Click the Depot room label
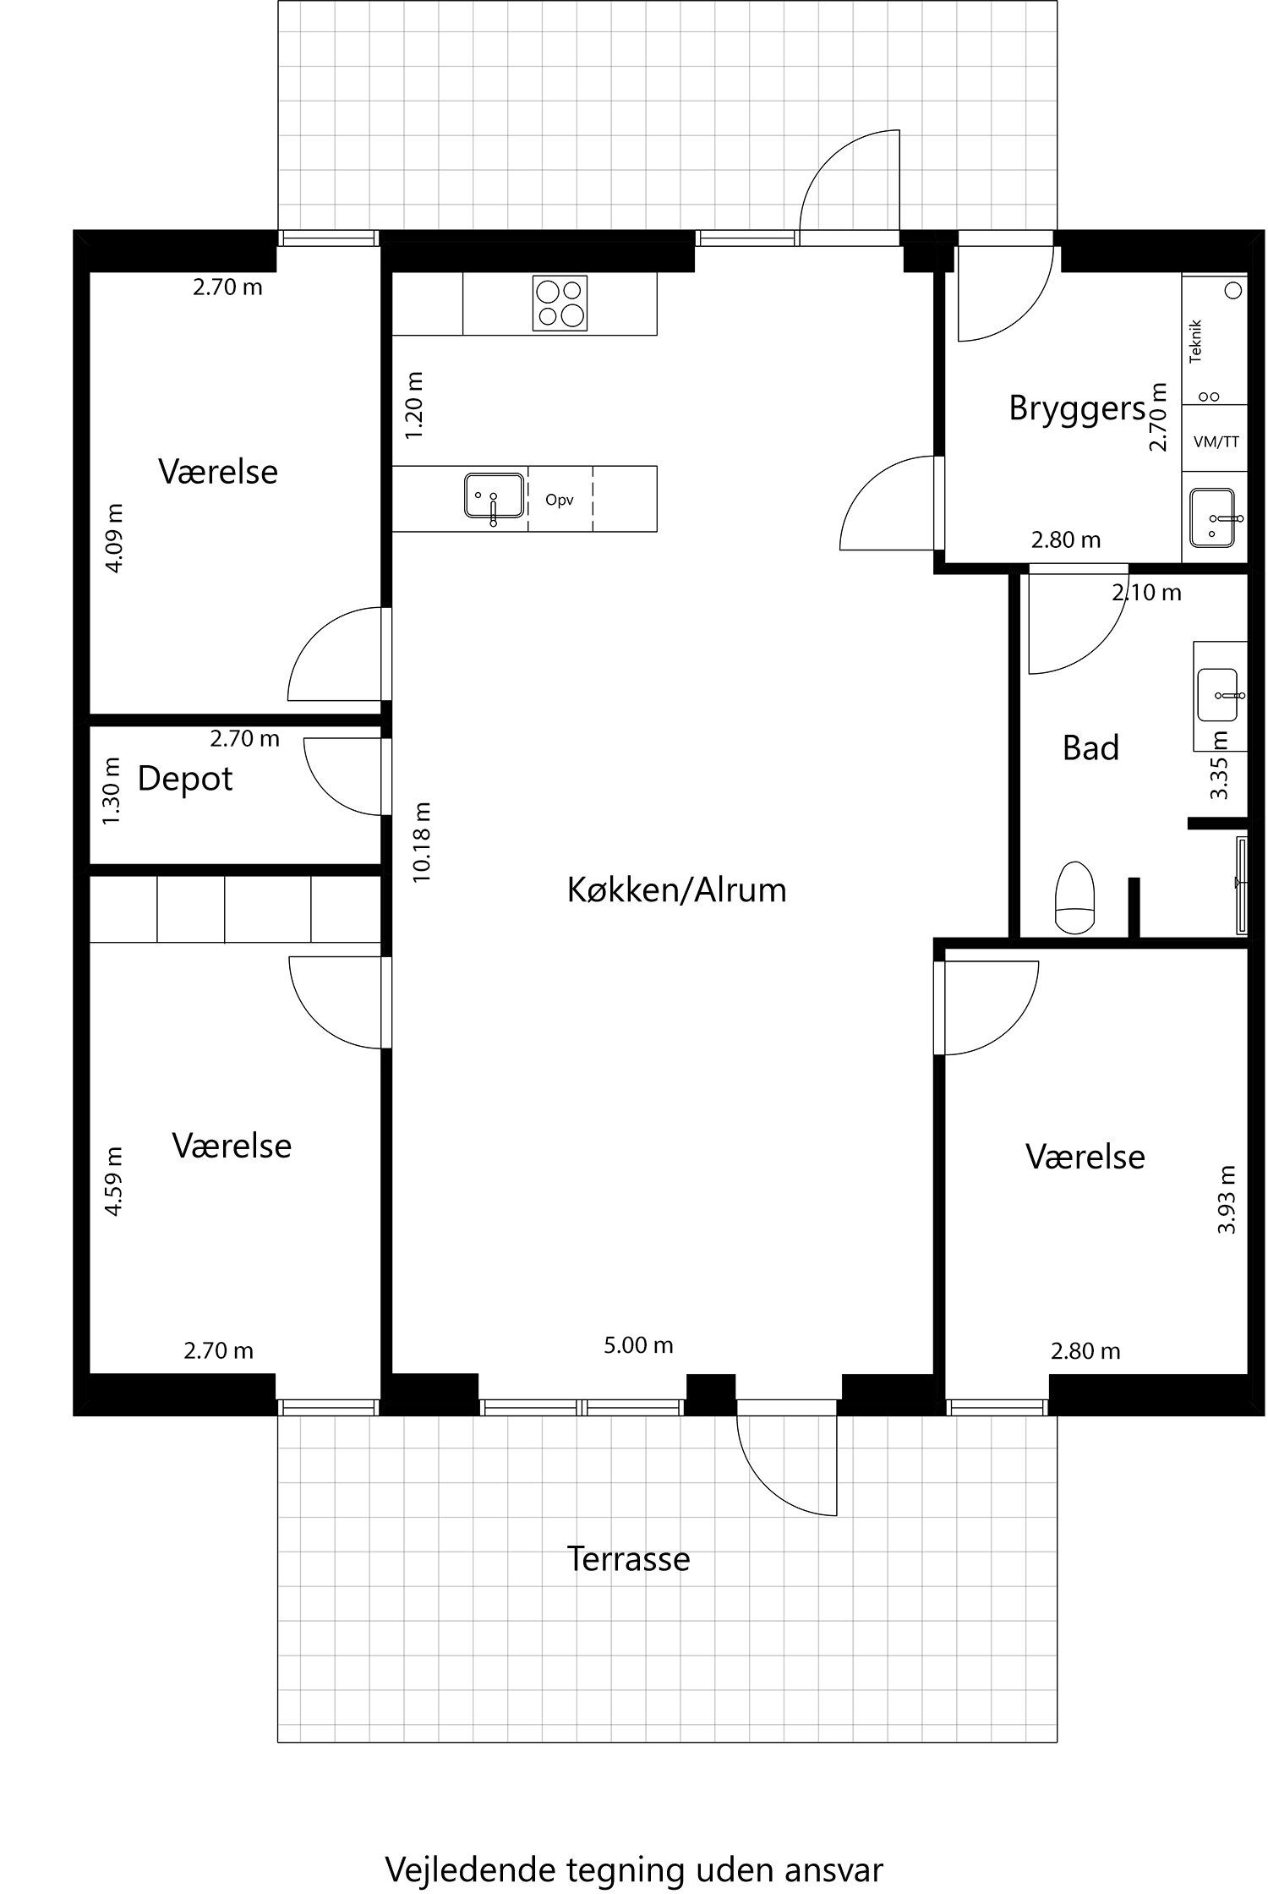coord(185,779)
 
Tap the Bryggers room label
coord(1077,409)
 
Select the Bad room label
coord(1090,748)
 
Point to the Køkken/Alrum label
coord(676,890)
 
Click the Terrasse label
coord(628,1559)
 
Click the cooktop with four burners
coord(560,303)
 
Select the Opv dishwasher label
coord(560,500)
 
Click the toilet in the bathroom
coord(1075,896)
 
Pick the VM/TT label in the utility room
coord(1216,441)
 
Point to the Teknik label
coord(1195,342)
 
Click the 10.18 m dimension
coord(423,842)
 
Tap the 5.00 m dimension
coord(638,1345)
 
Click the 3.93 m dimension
coord(1227,1199)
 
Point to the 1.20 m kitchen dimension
coord(414,405)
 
